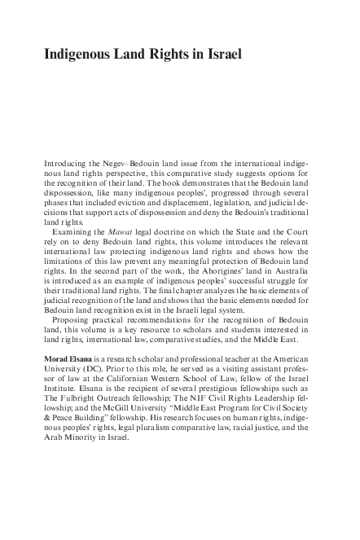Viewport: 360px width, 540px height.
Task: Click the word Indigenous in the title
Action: [x=79, y=55]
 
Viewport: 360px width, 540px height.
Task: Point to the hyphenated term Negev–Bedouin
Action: [x=137, y=164]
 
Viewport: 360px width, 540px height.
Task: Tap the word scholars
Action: [x=188, y=330]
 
